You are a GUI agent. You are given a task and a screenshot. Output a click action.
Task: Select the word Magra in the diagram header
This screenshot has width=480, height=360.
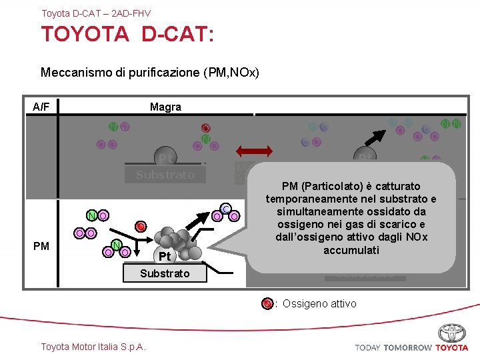pos(165,107)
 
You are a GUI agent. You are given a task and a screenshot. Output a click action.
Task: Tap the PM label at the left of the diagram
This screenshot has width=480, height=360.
pos(41,247)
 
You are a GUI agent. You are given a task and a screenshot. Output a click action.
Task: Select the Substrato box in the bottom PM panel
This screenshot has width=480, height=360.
pos(165,273)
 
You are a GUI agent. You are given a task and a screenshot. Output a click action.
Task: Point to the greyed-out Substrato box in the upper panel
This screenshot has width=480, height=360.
pos(165,175)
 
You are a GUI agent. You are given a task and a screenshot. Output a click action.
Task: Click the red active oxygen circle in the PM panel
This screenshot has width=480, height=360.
pos(141,227)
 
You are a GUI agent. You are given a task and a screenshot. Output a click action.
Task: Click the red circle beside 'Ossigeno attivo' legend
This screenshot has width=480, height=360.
pos(267,304)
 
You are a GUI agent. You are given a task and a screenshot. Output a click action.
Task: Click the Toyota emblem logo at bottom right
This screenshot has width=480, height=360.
pos(452,333)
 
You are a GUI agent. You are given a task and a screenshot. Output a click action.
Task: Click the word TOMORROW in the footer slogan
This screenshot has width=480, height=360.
pos(408,347)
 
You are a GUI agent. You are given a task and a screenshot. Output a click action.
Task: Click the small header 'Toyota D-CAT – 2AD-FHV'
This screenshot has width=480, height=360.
pos(96,13)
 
